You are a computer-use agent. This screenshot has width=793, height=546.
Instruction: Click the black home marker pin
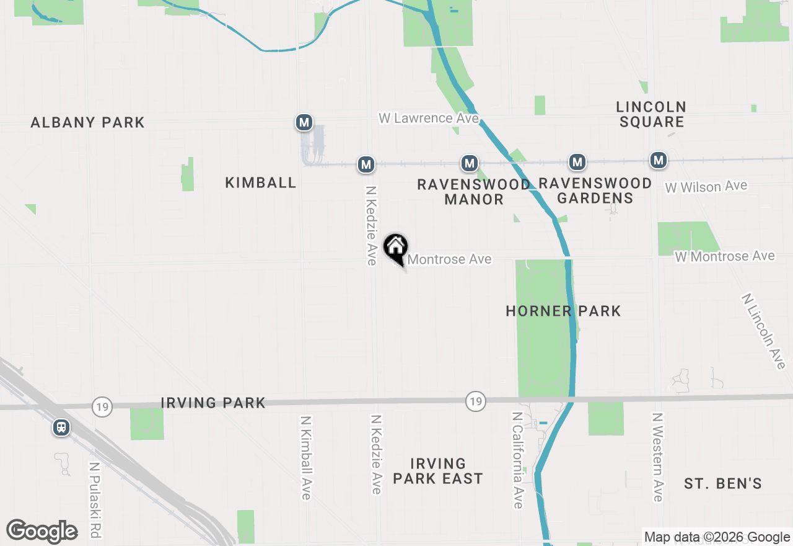click(x=395, y=249)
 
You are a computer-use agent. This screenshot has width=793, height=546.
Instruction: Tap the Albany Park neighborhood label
click(x=88, y=122)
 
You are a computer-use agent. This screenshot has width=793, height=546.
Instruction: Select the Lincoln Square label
click(x=652, y=114)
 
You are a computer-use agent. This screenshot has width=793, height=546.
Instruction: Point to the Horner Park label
click(x=563, y=311)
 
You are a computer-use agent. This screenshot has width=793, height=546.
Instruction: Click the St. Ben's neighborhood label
click(x=722, y=483)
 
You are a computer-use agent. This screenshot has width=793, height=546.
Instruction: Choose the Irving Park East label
click(x=437, y=471)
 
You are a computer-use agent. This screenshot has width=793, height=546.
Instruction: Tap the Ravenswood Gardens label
click(x=595, y=190)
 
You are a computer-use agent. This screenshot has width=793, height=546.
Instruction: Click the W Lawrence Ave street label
click(x=429, y=118)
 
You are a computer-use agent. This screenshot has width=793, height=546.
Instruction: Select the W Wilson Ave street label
click(x=706, y=186)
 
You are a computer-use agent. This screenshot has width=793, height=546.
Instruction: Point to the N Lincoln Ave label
click(x=763, y=331)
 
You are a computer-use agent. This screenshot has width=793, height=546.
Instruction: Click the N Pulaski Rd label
click(x=95, y=499)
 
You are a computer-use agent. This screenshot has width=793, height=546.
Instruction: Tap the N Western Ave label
click(x=657, y=457)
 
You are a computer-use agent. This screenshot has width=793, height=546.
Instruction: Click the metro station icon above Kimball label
click(x=304, y=123)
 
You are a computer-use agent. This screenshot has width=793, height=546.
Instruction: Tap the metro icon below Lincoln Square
click(x=658, y=161)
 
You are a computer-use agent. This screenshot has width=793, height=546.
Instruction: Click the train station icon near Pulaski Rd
click(x=61, y=427)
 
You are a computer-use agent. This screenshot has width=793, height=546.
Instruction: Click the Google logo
click(x=42, y=531)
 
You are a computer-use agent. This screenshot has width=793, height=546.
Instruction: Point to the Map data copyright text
click(x=716, y=537)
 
